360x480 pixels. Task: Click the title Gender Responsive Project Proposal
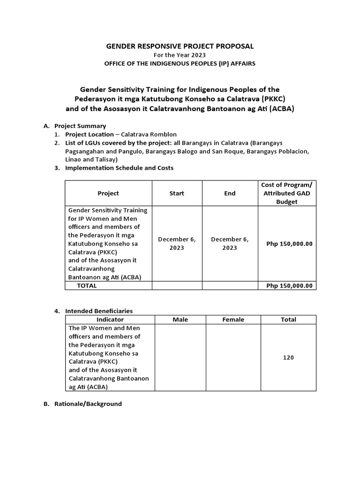180,46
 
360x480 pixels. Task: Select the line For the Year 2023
180,55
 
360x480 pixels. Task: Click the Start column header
177,193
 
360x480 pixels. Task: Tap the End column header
230,193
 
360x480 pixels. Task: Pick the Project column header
108,193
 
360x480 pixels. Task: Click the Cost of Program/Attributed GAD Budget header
287,193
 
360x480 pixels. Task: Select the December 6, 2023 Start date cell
177,243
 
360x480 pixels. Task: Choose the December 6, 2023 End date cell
230,243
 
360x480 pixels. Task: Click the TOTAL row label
87,285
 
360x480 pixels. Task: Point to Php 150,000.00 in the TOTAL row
289,285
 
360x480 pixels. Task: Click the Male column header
180,320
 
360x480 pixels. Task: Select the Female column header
233,320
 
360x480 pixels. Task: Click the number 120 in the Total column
288,358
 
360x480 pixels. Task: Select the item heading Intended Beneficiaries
99,311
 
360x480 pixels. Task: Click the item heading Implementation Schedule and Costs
119,168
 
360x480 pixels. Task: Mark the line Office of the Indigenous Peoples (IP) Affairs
180,63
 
